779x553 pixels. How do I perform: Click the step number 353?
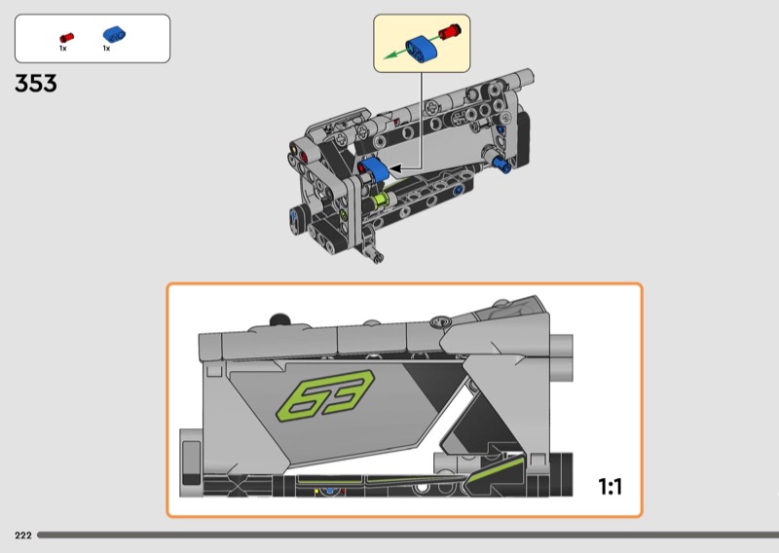(x=36, y=83)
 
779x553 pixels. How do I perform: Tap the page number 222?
(x=23, y=535)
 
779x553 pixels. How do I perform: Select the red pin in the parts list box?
(x=66, y=38)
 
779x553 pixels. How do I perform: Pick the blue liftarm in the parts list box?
(x=114, y=34)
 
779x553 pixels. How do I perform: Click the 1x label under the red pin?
(x=63, y=49)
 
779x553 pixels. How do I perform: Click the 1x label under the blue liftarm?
(x=106, y=49)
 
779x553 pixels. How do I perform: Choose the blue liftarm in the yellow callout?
(x=422, y=48)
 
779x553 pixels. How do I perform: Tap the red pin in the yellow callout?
(x=449, y=31)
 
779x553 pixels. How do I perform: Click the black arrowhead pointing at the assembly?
(x=395, y=169)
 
